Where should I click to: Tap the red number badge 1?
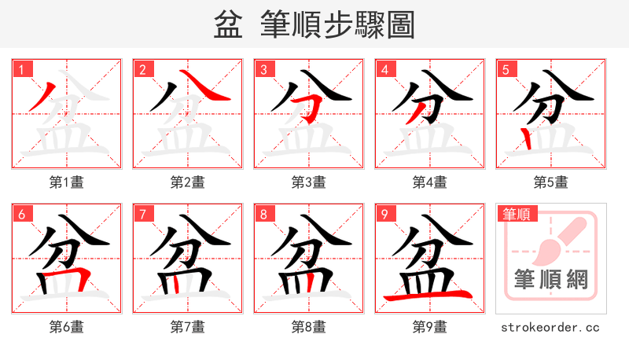click(21, 69)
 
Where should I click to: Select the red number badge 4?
click(384, 69)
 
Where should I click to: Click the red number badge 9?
click(384, 214)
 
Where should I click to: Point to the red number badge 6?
click(21, 214)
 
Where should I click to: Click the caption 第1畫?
click(67, 182)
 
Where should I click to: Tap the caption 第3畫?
click(308, 182)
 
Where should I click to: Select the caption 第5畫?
click(550, 182)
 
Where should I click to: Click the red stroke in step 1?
click(43, 96)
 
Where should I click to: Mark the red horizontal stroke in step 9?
click(429, 295)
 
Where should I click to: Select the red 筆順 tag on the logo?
click(517, 214)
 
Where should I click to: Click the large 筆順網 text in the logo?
click(550, 279)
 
